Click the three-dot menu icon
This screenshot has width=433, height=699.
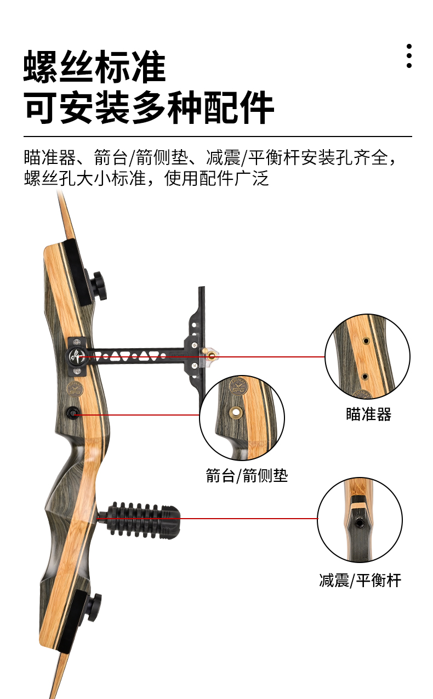tap(409, 56)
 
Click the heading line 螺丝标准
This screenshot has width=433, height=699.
tap(95, 67)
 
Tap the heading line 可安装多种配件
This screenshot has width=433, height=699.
tap(149, 107)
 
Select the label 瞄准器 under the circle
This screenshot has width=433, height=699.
tap(368, 414)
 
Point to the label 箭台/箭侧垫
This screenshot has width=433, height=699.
tap(247, 475)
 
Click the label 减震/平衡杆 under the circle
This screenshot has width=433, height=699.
tap(360, 580)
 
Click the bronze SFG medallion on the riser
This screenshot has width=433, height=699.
tap(75, 389)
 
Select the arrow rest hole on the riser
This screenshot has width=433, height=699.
tap(72, 413)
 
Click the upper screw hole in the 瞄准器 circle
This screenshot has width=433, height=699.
tap(366, 341)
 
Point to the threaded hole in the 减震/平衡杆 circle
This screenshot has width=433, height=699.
tap(360, 522)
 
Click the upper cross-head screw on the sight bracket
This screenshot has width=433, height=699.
tap(195, 345)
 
